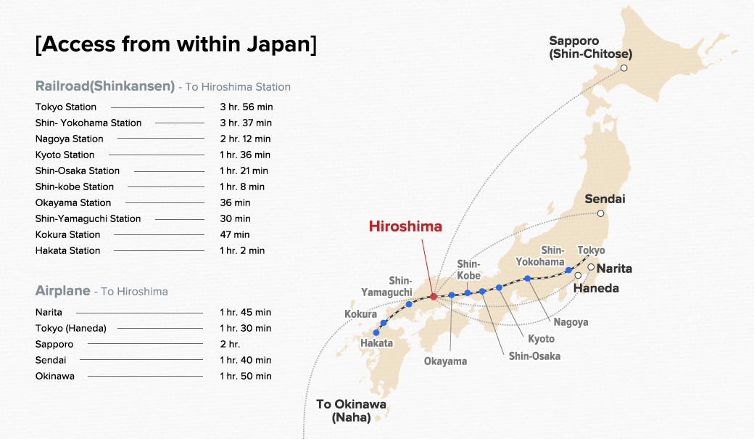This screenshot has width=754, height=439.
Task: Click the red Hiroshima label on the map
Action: click(405, 226)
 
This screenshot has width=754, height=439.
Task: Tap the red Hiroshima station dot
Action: click(433, 296)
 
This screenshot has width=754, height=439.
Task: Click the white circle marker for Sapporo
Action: click(623, 68)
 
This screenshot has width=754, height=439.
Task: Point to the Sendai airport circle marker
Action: click(600, 213)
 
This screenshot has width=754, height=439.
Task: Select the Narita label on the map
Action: click(614, 268)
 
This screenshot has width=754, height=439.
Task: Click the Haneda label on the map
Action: click(596, 288)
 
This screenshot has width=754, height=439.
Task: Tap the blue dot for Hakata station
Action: click(376, 332)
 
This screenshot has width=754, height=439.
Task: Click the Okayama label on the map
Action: click(445, 361)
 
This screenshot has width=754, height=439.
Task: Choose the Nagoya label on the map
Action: click(571, 322)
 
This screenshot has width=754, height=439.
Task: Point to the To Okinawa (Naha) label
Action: click(351, 411)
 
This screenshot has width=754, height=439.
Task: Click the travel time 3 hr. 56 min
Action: click(246, 107)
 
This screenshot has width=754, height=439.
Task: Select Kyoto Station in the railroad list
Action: click(65, 155)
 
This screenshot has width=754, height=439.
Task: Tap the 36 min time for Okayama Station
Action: click(235, 202)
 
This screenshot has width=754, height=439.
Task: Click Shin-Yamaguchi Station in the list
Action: click(88, 218)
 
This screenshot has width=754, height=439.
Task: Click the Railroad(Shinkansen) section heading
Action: click(105, 86)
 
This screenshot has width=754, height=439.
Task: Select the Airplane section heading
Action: click(63, 291)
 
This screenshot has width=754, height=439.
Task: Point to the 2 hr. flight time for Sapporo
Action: click(230, 344)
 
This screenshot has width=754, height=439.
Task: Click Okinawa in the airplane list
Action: click(55, 376)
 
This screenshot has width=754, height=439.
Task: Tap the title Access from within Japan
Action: click(176, 44)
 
